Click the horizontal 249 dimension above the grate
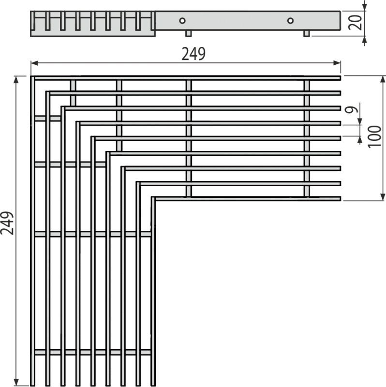[x=193, y=54]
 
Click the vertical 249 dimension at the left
[x=6, y=223]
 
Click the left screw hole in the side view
[x=182, y=21]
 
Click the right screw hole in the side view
[x=290, y=21]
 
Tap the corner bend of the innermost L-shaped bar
[x=153, y=199]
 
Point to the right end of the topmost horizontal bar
[x=340, y=78]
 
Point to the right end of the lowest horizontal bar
[x=340, y=198]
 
